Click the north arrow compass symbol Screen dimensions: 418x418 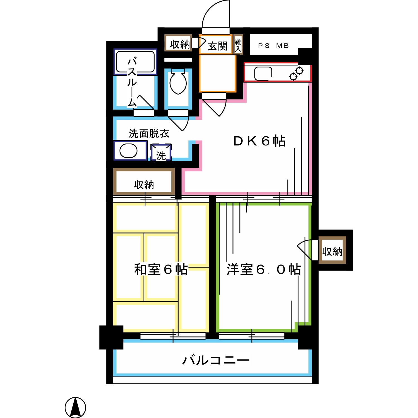[x=75, y=407]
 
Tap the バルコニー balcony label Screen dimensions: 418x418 [x=216, y=360]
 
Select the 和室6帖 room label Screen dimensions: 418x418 [x=161, y=269]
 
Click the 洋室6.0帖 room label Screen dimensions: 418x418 [x=263, y=269]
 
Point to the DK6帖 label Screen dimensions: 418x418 [x=259, y=141]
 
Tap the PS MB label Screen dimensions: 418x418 [x=273, y=46]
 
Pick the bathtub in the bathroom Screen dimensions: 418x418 [x=135, y=62]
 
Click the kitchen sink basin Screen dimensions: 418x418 [x=263, y=74]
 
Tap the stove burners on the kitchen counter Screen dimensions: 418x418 [x=296, y=74]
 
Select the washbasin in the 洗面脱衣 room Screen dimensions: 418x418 [x=128, y=151]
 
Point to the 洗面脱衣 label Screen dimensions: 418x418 [x=149, y=134]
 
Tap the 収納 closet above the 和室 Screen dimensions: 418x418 [x=144, y=184]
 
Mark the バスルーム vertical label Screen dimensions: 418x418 [x=132, y=82]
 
